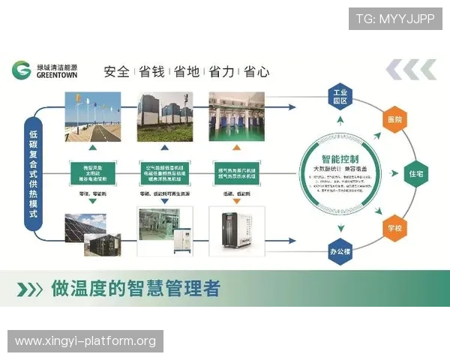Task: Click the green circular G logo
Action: coord(22,70)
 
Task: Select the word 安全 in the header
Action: coord(117,72)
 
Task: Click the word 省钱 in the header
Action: coord(153,72)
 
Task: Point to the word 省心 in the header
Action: coord(256,72)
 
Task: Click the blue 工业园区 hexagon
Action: coord(340,97)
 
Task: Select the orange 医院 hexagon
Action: coord(394,119)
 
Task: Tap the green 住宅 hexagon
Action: coord(417,173)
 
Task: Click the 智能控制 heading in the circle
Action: coord(339,159)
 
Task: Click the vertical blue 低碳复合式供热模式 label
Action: coord(33,172)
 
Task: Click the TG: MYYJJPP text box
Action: coord(395,19)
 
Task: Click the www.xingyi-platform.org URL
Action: coord(85,341)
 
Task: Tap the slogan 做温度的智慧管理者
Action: coord(135,289)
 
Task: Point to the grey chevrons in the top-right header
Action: coord(411,70)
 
